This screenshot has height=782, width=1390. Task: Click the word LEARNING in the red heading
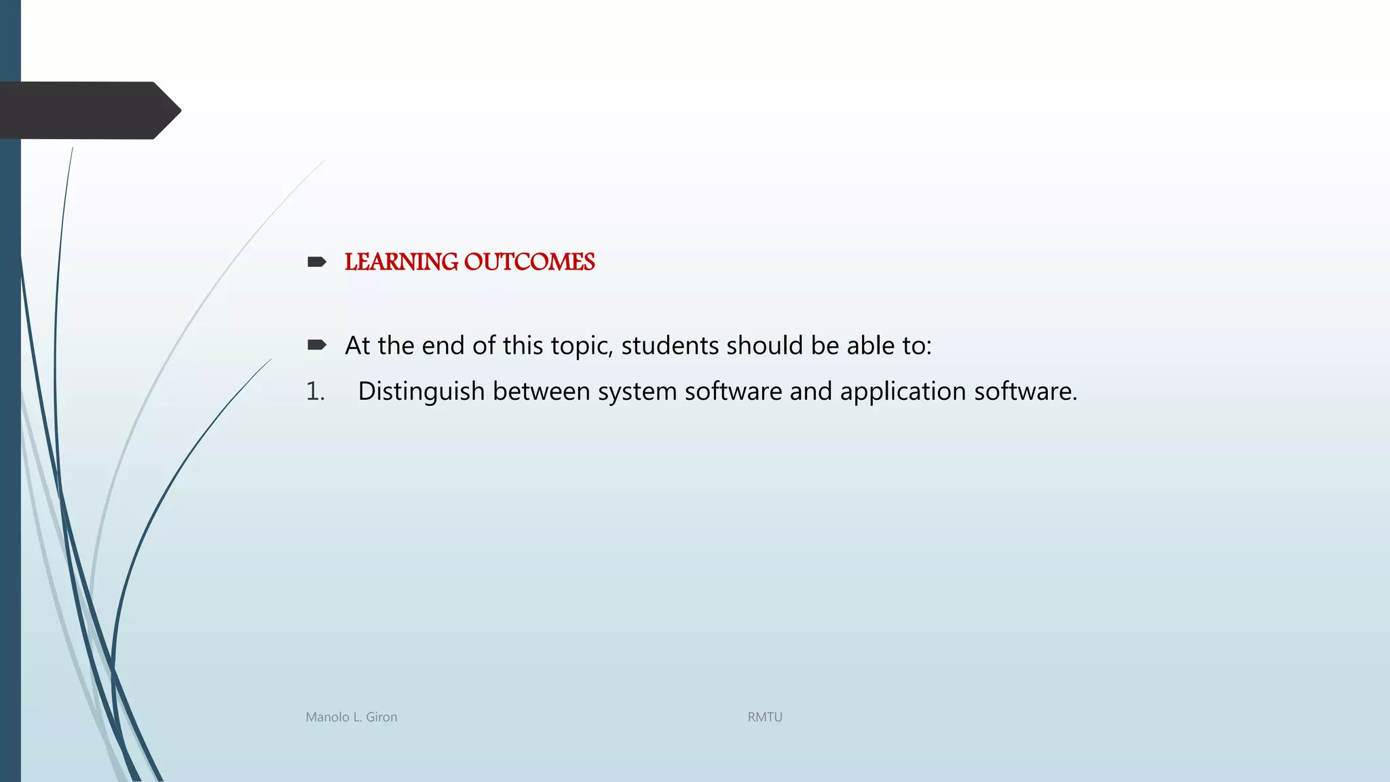coord(401,262)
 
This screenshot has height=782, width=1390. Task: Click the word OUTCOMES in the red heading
coord(529,262)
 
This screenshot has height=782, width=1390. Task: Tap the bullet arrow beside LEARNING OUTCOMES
coord(316,262)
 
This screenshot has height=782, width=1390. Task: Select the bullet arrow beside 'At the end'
coord(316,346)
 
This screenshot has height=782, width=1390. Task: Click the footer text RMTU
coord(765,717)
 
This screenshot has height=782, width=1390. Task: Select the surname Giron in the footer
coord(381,717)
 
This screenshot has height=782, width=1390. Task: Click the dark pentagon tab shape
coord(88,111)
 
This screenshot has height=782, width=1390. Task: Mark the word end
coord(443,346)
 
